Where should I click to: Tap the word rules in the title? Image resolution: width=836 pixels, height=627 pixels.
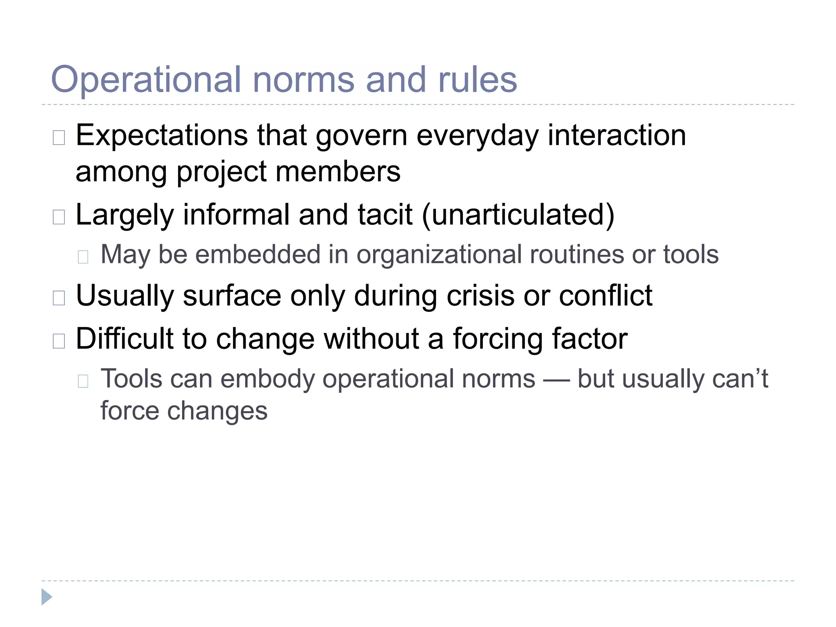coord(477,80)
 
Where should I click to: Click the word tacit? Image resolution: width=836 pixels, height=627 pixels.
coord(385,215)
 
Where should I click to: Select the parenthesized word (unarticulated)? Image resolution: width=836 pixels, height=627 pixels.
coord(518,215)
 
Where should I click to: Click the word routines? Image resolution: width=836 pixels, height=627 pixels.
coord(577,254)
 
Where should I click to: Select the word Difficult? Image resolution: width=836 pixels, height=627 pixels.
coord(124,338)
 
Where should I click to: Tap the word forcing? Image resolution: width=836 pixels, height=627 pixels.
coord(498,339)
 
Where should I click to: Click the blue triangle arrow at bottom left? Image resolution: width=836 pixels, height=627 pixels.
coord(46,597)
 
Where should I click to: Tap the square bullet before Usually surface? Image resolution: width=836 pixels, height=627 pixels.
coord(59,298)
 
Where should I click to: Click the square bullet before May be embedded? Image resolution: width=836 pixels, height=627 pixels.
coord(83,257)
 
